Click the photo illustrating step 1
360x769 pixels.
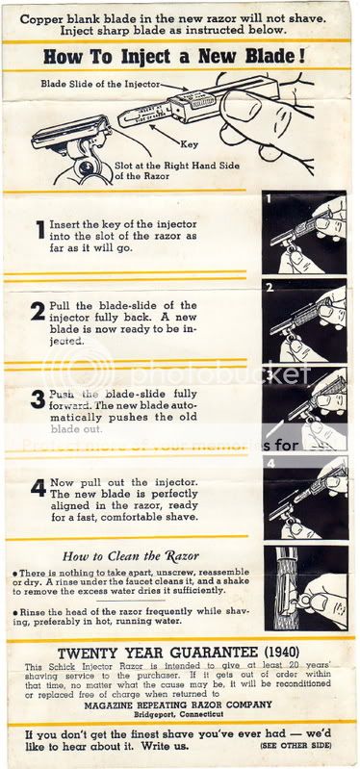click(304, 233)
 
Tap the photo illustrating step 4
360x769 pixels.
click(304, 499)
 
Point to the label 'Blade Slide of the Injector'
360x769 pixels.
click(95, 84)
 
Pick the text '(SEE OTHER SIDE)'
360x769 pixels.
click(305, 746)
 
